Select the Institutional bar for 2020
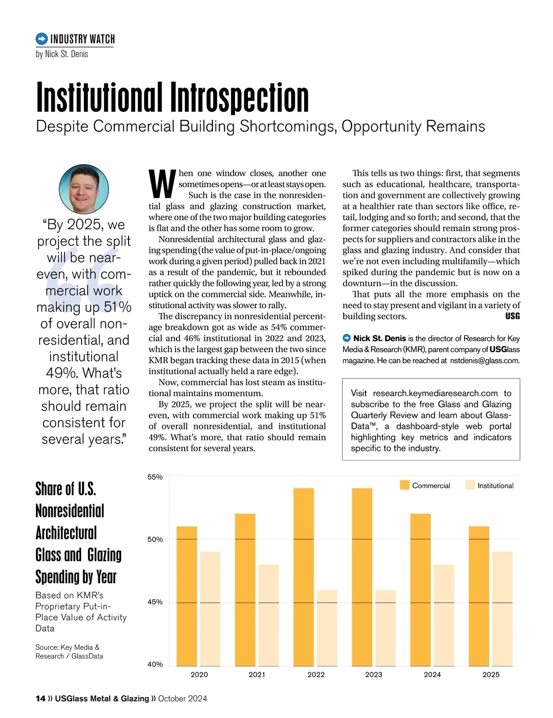click(210, 609)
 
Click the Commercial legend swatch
click(405, 485)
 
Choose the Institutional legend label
click(495, 486)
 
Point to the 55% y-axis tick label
click(155, 477)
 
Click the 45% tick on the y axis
click(155, 602)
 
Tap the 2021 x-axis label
click(257, 674)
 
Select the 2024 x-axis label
click(432, 674)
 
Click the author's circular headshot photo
click(84, 189)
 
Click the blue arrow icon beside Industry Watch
click(41, 39)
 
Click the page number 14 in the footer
click(40, 699)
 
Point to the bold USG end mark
click(512, 316)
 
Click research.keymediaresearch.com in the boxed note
click(435, 393)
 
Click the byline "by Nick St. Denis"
click(62, 54)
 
